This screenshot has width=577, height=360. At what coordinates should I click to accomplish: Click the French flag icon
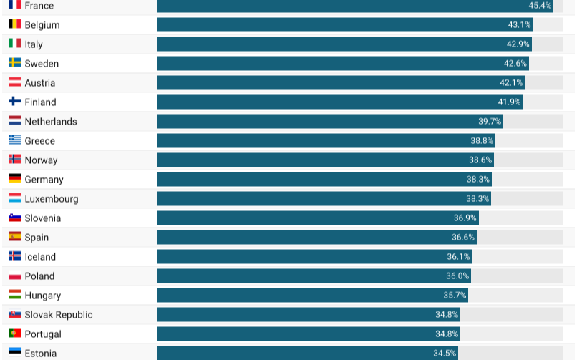coord(14,4)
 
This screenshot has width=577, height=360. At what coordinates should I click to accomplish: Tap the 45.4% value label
coord(540,6)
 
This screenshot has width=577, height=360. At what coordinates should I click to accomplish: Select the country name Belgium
coord(42,25)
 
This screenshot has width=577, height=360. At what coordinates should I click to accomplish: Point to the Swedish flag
coord(14,63)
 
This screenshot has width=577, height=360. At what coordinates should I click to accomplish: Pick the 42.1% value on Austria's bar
coord(511,83)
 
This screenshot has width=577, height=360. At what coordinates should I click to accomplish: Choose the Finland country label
coord(40,102)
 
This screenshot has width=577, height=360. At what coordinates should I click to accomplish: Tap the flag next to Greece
coord(14,140)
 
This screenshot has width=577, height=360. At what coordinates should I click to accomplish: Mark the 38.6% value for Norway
coord(480,160)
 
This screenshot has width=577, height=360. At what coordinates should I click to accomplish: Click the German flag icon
coord(14,179)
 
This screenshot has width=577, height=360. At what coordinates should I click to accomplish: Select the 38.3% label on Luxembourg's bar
coord(477,199)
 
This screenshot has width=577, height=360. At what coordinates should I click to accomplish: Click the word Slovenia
coord(43,218)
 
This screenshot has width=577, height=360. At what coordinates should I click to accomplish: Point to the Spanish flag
coord(14,237)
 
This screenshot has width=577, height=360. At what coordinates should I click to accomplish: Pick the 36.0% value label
coord(457,276)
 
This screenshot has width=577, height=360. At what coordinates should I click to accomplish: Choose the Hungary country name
coord(43,296)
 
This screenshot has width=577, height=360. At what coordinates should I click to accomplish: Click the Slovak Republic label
coord(59,315)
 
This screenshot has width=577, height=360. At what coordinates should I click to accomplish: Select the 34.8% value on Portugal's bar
coord(447,334)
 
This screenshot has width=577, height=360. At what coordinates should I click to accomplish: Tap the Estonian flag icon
coord(14,353)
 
